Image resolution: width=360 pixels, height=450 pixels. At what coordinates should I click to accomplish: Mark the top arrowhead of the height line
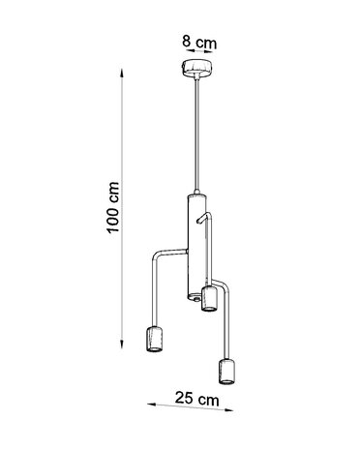point(122,71)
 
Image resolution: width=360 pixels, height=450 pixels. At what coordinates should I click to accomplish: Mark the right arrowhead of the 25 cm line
point(230,406)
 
